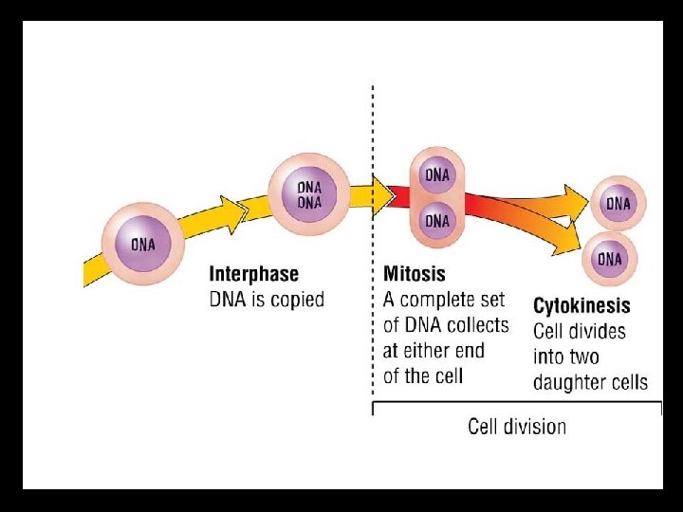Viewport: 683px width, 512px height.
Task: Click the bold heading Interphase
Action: point(253,274)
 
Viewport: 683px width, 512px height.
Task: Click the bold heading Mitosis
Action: point(414,274)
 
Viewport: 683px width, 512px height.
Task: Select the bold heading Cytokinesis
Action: point(581,306)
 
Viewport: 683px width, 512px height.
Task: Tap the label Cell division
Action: point(517,427)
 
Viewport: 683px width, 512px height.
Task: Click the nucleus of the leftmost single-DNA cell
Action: point(142,244)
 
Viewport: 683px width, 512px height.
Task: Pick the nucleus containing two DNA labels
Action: point(309,194)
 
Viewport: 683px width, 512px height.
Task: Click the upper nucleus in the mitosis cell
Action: point(437,175)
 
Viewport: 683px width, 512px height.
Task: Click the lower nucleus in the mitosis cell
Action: point(437,221)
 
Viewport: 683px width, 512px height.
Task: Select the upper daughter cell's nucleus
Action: point(618,204)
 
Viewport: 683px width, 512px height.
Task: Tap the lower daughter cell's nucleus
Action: point(611,259)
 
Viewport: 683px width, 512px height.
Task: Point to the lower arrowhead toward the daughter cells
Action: point(569,248)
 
